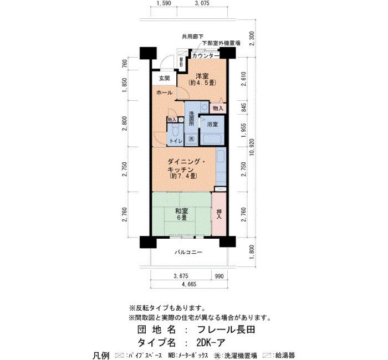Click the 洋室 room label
coord(202,76)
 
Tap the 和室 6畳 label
coord(181,214)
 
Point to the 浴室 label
coord(212,125)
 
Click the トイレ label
coord(176,141)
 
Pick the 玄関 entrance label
coord(164,79)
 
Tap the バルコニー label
coord(188,253)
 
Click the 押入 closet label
coord(219,214)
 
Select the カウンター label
coord(206,56)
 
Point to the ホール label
coord(164,92)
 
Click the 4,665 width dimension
coord(189,284)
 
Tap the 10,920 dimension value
coord(252,147)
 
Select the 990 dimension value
coord(219,276)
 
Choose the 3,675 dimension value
coord(181,276)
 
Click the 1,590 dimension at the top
coord(164,3)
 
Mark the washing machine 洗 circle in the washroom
coord(191,138)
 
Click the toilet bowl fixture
coord(176,130)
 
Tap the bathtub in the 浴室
coord(212,139)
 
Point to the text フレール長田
coord(226,330)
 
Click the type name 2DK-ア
coord(211,343)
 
